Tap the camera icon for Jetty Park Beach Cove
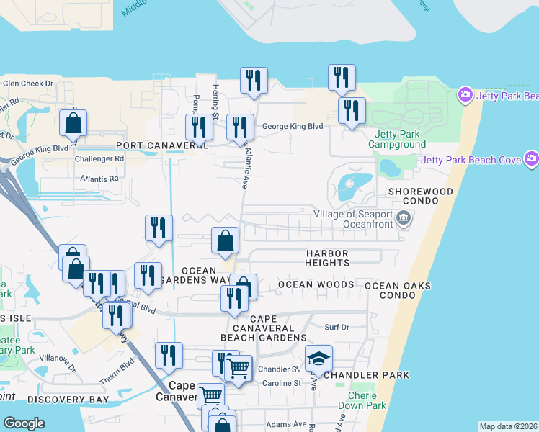point(532,158)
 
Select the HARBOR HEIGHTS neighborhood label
point(327,258)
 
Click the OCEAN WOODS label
point(316,284)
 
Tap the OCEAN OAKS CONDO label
point(398,291)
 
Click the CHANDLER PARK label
point(367,375)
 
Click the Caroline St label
point(280,383)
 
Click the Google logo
point(24,423)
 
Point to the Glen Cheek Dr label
point(29,84)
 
